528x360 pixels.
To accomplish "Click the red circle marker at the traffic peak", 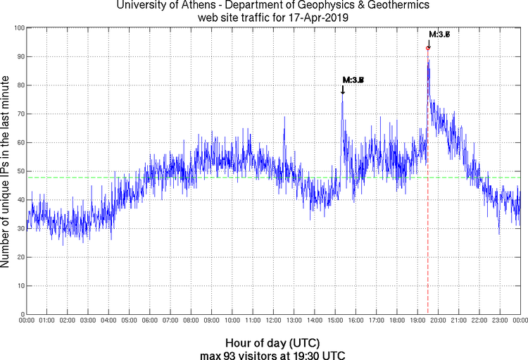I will (428, 48).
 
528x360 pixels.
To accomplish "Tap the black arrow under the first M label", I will (343, 90).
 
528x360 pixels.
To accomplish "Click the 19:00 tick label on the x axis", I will (417, 321).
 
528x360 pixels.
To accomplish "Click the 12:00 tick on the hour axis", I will (273, 321).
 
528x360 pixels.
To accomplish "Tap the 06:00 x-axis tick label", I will (150, 321).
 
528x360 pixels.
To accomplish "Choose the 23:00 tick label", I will (499, 321).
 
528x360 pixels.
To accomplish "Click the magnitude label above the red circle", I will (439, 35).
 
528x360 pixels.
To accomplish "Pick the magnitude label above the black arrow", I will (353, 80).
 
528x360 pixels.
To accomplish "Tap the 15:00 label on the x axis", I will (335, 321).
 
